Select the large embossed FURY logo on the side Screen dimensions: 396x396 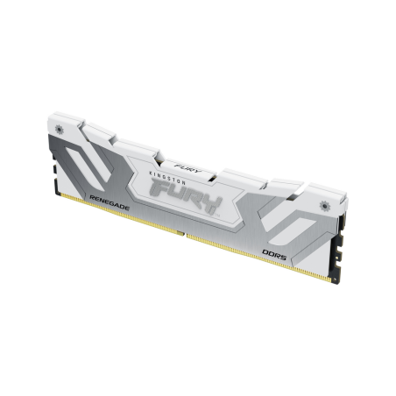click(x=201, y=197)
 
